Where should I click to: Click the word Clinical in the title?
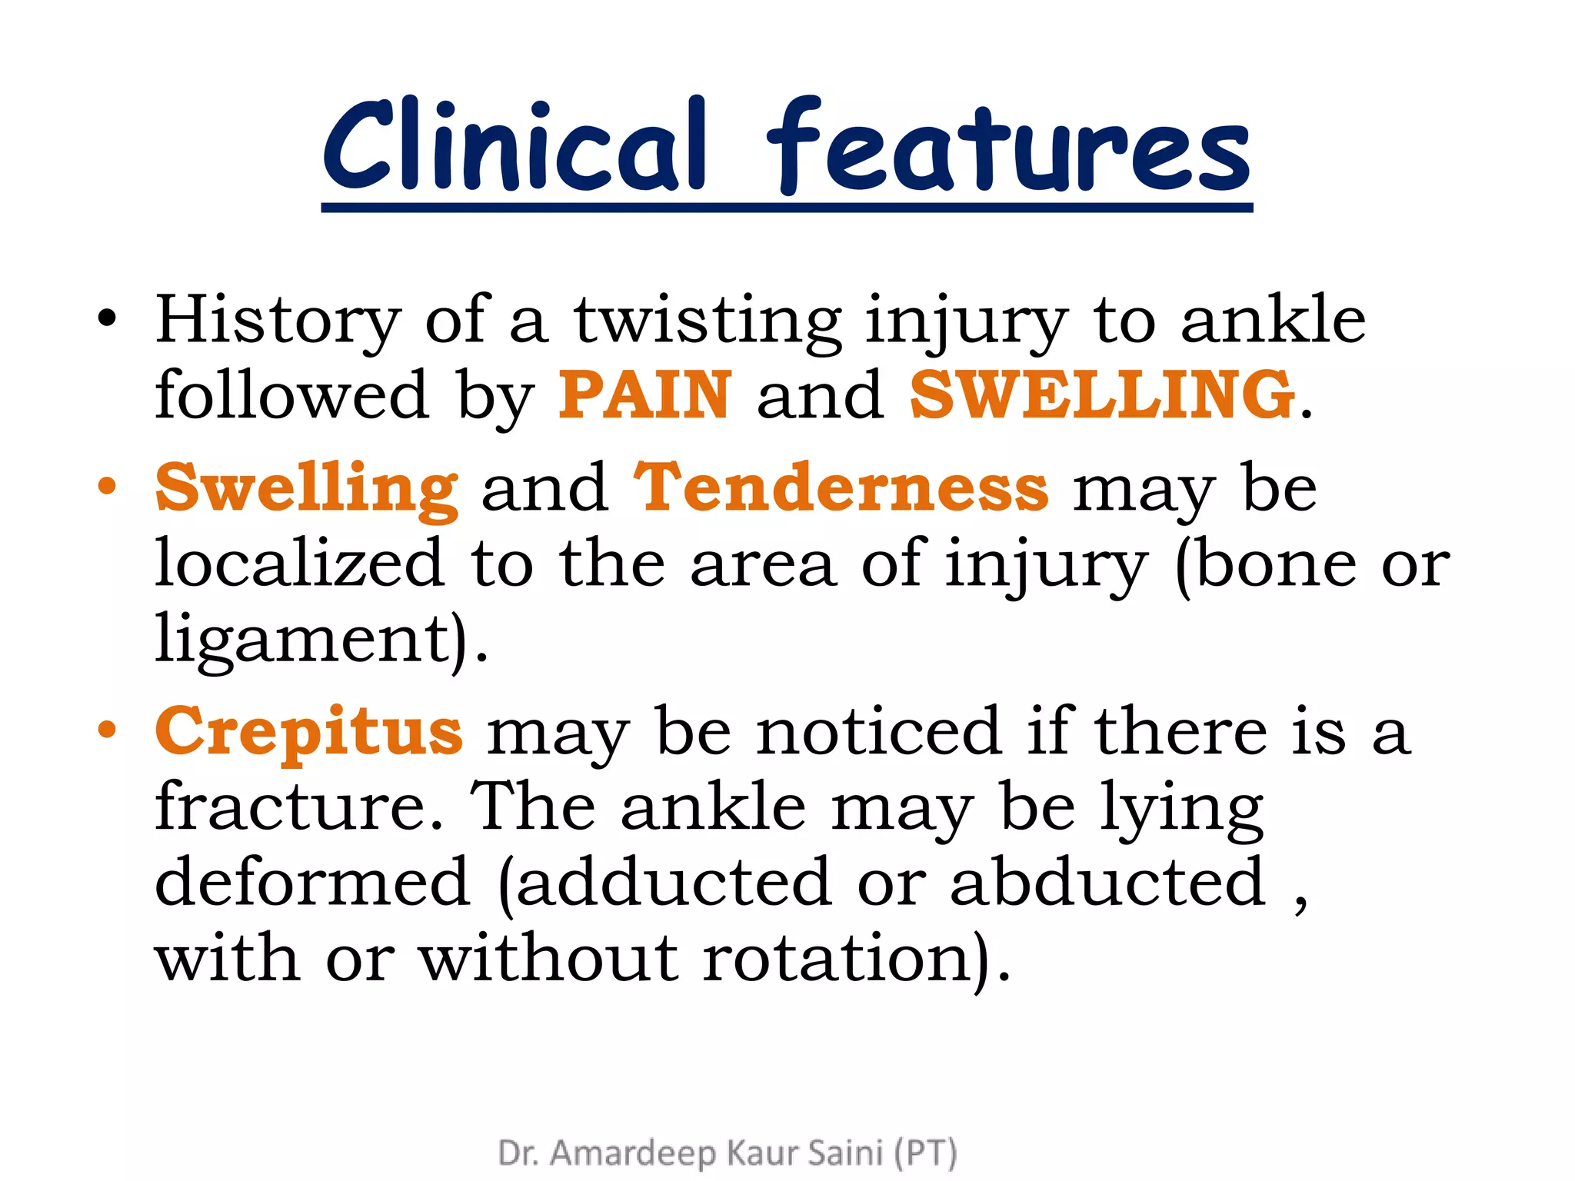click(x=514, y=146)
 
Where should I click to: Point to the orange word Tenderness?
click(x=841, y=487)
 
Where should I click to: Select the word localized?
click(x=300, y=564)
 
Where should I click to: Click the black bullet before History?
click(x=107, y=318)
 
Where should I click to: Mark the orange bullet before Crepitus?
click(x=107, y=730)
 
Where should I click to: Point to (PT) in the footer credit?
click(x=925, y=1153)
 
